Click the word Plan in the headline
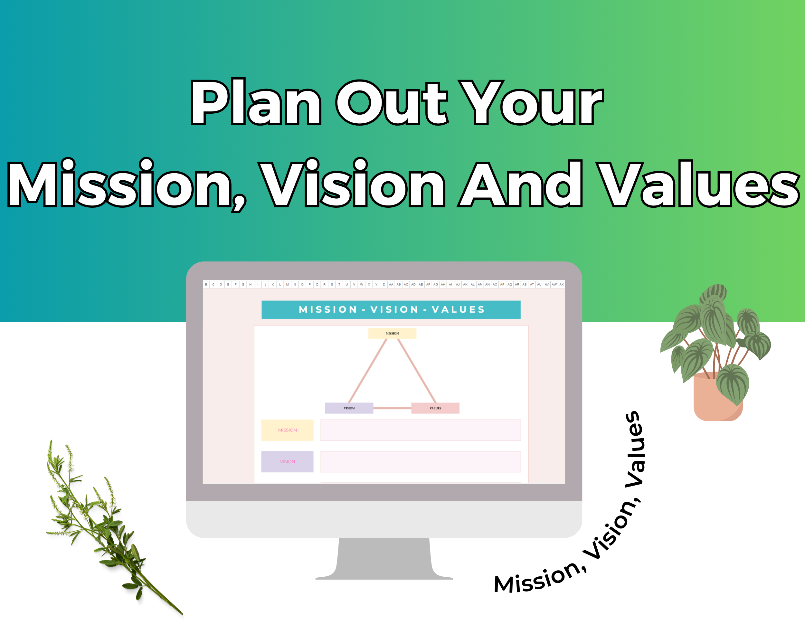click(x=256, y=101)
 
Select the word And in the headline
click(x=520, y=184)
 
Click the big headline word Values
click(x=698, y=184)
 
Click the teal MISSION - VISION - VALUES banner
click(x=391, y=309)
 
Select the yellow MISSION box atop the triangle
click(x=392, y=333)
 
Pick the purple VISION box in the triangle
click(x=349, y=408)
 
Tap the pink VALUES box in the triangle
click(x=435, y=408)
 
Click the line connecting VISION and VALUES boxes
click(x=393, y=408)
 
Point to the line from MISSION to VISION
click(x=368, y=371)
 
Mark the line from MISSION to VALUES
click(x=417, y=371)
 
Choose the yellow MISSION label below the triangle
click(x=287, y=430)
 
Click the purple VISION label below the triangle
click(x=287, y=461)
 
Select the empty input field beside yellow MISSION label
click(x=421, y=430)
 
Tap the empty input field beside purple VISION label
click(x=421, y=461)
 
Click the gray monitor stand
click(x=384, y=558)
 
